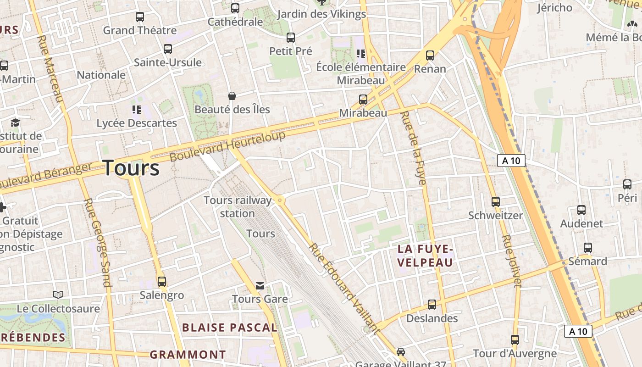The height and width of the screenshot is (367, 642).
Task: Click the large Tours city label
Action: pyautogui.click(x=131, y=168)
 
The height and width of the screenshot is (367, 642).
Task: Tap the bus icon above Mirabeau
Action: pyautogui.click(x=363, y=99)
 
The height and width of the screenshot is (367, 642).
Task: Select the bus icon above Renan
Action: pyautogui.click(x=430, y=56)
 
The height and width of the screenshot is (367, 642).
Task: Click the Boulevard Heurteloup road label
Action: pyautogui.click(x=227, y=146)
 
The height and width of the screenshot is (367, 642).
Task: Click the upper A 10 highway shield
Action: pyautogui.click(x=511, y=161)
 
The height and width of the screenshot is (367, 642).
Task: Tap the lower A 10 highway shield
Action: pyautogui.click(x=578, y=331)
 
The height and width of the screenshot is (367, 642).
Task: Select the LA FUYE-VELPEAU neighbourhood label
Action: pyautogui.click(x=425, y=256)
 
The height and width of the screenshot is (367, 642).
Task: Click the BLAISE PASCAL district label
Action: pyautogui.click(x=230, y=328)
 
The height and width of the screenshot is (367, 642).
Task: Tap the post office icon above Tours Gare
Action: pyautogui.click(x=260, y=286)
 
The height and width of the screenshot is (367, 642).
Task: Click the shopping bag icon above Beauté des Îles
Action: pyautogui.click(x=232, y=96)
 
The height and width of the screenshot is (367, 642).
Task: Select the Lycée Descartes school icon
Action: pyautogui.click(x=136, y=109)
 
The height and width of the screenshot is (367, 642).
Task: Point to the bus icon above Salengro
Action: pyautogui.click(x=161, y=281)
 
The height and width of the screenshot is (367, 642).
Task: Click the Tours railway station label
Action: pyautogui.click(x=238, y=207)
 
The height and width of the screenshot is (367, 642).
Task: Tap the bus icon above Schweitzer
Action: pyautogui.click(x=495, y=201)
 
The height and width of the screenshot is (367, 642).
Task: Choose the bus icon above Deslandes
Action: pyautogui.click(x=432, y=304)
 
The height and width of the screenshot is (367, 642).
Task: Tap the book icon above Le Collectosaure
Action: pyautogui.click(x=58, y=295)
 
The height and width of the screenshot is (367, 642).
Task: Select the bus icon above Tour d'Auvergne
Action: pyautogui.click(x=515, y=340)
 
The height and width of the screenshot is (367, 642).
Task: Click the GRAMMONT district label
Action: pyautogui.click(x=188, y=355)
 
